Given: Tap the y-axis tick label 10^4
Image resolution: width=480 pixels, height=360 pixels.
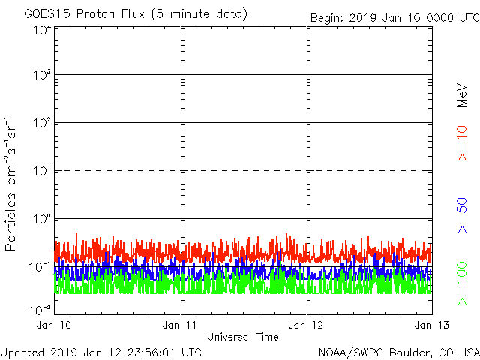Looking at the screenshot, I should (x=41, y=30).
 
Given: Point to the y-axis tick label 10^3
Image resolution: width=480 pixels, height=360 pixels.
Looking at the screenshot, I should (x=41, y=75).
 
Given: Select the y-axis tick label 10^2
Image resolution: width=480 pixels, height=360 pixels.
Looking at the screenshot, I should (x=41, y=122).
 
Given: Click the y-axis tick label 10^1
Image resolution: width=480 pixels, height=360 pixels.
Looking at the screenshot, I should (x=41, y=170).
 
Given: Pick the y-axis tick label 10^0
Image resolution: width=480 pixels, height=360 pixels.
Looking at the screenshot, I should (x=41, y=218).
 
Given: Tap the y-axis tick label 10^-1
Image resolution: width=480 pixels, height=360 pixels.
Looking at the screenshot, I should (x=40, y=266).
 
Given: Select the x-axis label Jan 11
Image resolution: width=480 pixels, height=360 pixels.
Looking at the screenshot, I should (x=181, y=325).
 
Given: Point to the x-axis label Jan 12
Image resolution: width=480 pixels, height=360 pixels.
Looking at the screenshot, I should (x=307, y=325).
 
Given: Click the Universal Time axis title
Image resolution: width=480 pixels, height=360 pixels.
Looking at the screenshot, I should (x=243, y=337).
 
